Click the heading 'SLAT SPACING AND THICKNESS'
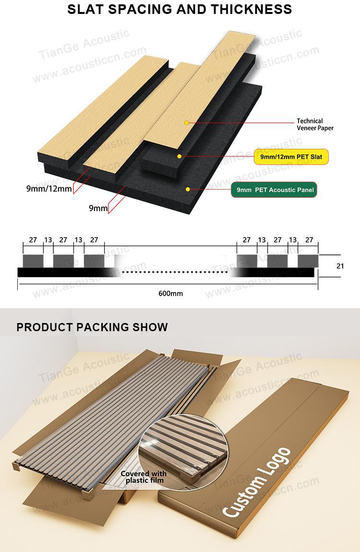180,9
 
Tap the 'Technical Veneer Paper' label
314,124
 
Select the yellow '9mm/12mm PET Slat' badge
291,156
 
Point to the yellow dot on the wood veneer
187,122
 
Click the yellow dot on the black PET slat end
179,156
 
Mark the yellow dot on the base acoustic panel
188,189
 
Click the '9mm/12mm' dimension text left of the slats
49,188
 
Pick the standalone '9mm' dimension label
98,208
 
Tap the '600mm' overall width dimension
171,293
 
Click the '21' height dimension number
340,266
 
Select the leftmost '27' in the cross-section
33,240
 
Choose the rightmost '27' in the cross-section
309,240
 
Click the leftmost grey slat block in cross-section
33,261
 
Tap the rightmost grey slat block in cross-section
308,261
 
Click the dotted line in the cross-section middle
175,272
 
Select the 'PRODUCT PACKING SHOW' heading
92,327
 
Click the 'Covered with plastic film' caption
144,477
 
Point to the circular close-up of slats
183,452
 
